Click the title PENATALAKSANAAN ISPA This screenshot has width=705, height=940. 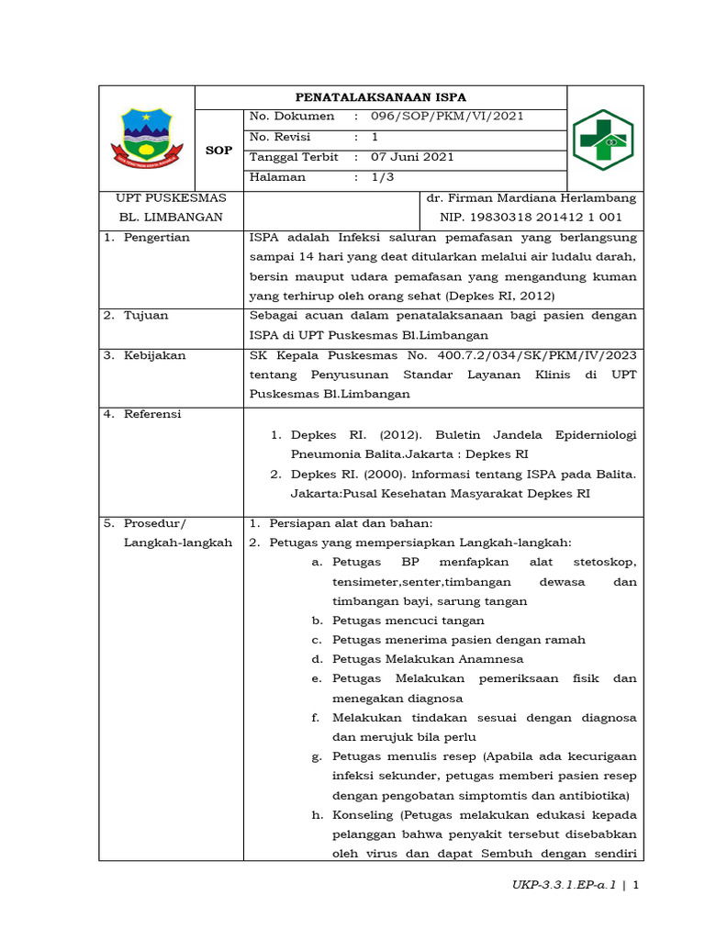click(380, 97)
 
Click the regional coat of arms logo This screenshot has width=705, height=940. click(146, 136)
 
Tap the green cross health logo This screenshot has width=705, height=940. click(603, 139)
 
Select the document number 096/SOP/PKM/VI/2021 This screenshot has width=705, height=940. click(447, 117)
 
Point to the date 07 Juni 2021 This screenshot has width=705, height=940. click(412, 157)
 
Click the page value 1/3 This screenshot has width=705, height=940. click(382, 177)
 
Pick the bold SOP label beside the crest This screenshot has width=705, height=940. click(218, 151)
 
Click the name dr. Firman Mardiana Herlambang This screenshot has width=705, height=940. click(531, 198)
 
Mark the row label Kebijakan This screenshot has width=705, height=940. click(155, 355)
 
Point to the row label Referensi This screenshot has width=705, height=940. click(154, 414)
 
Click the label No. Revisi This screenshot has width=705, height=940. click(280, 137)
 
